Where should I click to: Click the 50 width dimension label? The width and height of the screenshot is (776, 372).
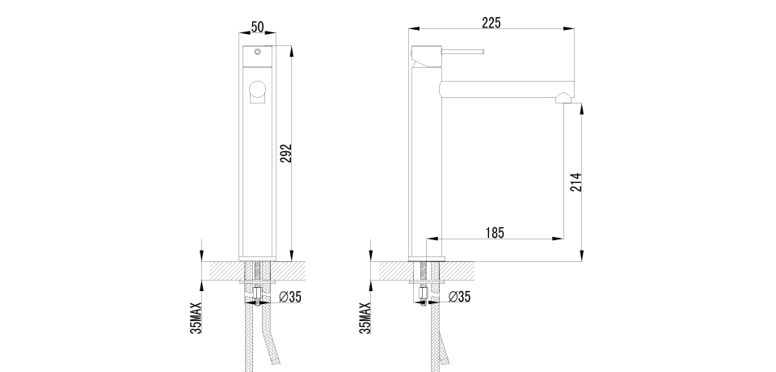click(x=257, y=27)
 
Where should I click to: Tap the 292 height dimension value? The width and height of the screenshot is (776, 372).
click(x=286, y=154)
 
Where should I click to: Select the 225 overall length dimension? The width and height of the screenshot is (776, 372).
click(x=491, y=23)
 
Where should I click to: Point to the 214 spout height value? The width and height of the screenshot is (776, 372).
click(x=576, y=182)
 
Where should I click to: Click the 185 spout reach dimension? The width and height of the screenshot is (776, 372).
click(x=495, y=232)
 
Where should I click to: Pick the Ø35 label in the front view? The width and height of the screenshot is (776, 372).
click(x=290, y=297)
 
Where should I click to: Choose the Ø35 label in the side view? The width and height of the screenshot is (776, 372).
click(x=460, y=297)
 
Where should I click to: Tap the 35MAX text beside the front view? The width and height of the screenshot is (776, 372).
click(x=196, y=318)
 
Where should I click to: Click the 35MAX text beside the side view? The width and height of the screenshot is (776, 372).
click(x=365, y=318)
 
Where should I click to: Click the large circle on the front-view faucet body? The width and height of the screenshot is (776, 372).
click(x=257, y=89)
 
